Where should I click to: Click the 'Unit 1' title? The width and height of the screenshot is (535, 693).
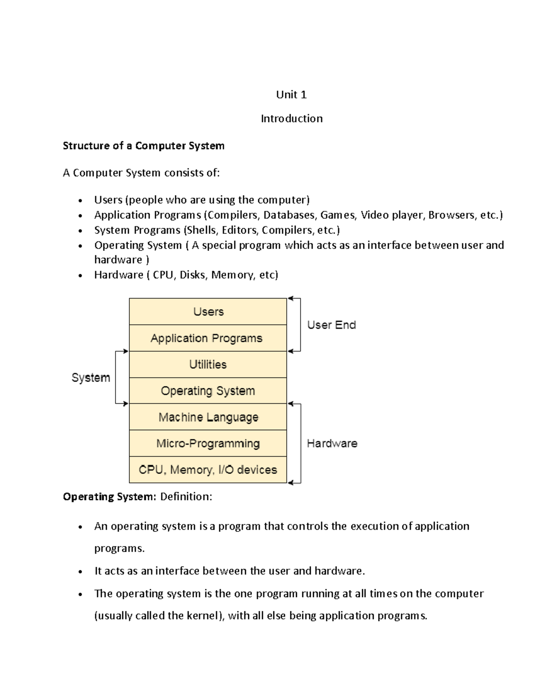[x=291, y=95]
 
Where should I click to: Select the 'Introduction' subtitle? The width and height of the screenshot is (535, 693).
[x=292, y=119]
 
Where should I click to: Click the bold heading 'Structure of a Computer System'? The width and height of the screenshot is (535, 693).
[x=144, y=146]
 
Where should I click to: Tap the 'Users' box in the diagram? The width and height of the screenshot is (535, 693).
[x=208, y=311]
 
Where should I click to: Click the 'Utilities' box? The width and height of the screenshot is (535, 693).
[x=208, y=365]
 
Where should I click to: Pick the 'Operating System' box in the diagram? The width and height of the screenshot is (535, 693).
[x=208, y=391]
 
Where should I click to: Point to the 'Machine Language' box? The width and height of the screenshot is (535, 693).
[x=208, y=417]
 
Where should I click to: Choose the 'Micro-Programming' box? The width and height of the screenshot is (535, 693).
[x=208, y=444]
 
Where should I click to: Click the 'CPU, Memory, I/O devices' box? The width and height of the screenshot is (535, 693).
[x=208, y=470]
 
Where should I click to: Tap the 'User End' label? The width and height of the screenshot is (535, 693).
[x=332, y=325]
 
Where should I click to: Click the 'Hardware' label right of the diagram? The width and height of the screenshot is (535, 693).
[x=332, y=444]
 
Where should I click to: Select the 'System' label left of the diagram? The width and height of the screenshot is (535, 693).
[x=91, y=378]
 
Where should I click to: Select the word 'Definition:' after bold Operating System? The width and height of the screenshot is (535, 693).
[x=186, y=497]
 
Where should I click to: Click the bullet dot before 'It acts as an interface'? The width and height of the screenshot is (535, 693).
[x=80, y=572]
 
